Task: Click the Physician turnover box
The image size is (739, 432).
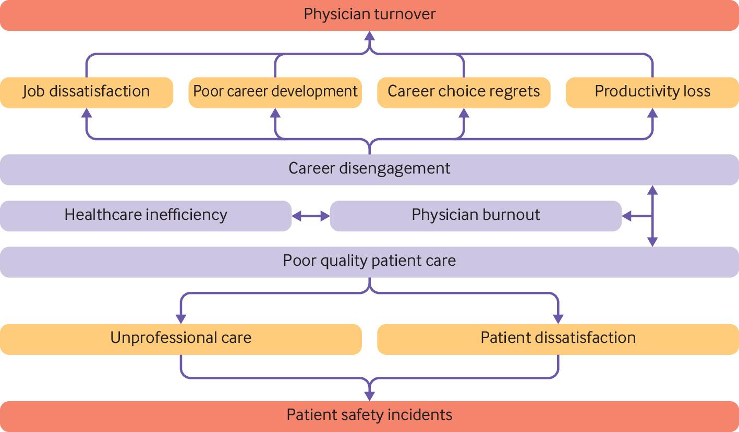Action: tap(369, 15)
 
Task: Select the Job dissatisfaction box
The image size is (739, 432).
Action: tap(87, 92)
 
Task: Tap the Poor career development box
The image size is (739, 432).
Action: tap(275, 92)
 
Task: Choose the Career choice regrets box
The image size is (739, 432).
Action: tap(464, 92)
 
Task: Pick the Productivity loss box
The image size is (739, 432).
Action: tap(652, 92)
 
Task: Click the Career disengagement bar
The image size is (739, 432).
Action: tap(369, 169)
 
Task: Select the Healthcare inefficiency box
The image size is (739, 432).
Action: tap(146, 216)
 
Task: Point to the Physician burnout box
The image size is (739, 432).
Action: tap(476, 216)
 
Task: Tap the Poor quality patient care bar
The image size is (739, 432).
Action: tap(369, 262)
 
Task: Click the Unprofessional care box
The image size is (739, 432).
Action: tap(180, 339)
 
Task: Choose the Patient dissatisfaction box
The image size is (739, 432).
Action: tap(558, 339)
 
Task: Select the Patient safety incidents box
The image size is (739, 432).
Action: tap(369, 416)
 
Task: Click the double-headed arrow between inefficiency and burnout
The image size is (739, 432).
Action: tap(311, 216)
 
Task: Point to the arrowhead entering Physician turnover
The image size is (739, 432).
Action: tap(370, 36)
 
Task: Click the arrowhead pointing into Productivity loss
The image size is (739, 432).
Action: tap(652, 113)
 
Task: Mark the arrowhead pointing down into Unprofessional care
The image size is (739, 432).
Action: tap(181, 318)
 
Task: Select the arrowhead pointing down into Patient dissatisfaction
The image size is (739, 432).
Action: tap(558, 318)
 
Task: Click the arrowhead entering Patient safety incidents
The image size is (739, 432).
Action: tap(370, 396)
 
